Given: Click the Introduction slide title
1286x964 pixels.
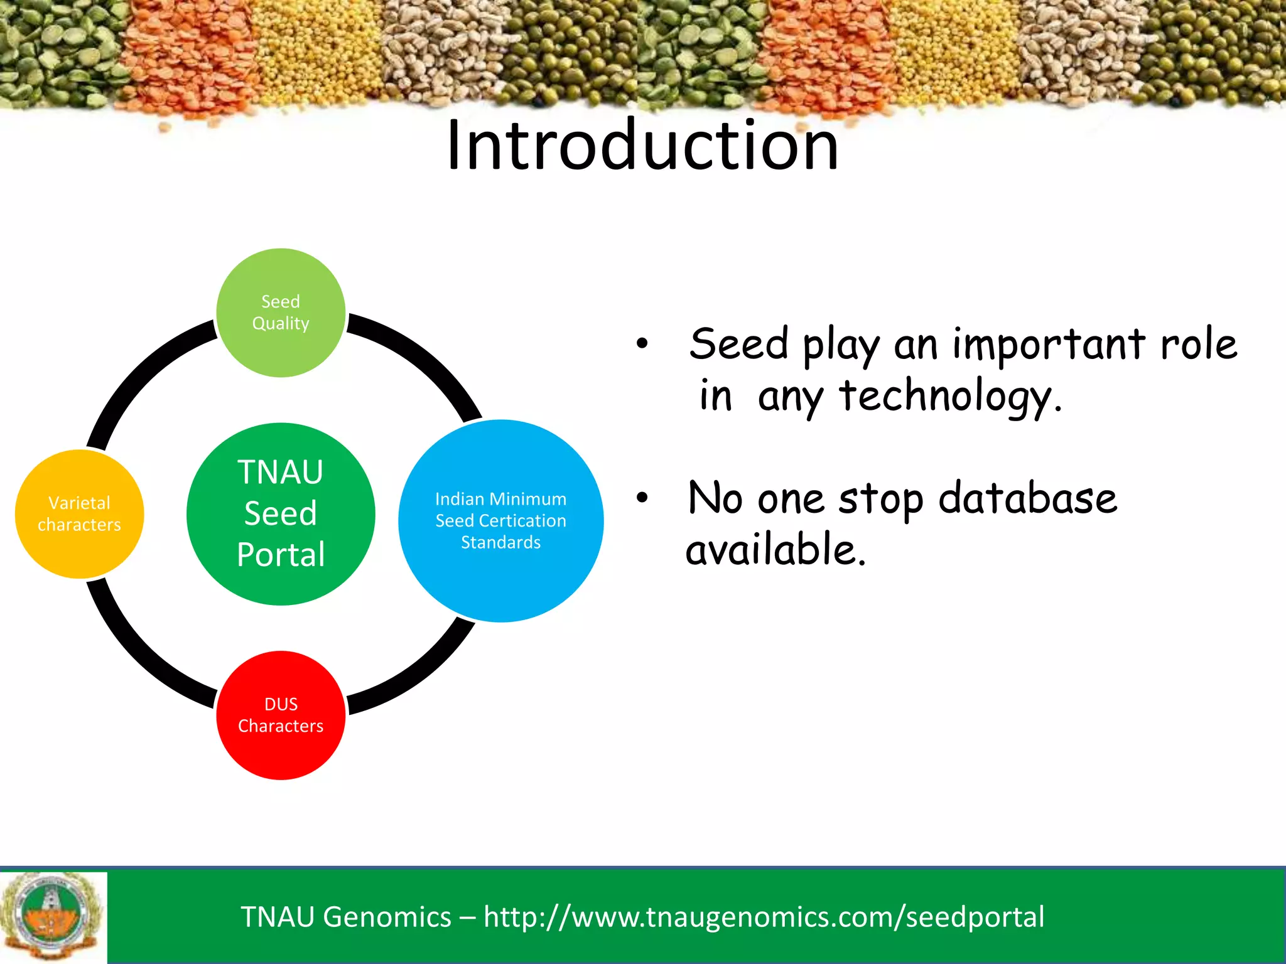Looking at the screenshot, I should tap(642, 146).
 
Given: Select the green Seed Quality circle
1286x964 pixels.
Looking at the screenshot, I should tap(281, 313).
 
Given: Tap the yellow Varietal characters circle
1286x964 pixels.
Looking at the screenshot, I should tap(79, 513).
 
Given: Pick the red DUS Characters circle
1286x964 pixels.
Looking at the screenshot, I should tap(281, 715).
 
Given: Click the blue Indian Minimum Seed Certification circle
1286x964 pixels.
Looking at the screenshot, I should tap(500, 520).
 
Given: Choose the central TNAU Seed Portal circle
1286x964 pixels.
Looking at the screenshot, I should tap(281, 513).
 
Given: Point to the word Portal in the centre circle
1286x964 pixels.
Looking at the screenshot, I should tap(281, 555).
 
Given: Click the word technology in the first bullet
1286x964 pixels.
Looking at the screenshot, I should tap(949, 397).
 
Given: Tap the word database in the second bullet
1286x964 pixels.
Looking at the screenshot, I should tap(1027, 499).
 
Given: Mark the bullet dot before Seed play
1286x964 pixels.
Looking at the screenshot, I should tap(641, 344).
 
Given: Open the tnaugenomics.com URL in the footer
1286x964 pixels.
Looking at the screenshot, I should tap(764, 917).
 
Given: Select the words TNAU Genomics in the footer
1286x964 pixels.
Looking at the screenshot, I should tap(345, 917).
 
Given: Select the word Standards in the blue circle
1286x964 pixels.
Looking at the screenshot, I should tap(500, 542).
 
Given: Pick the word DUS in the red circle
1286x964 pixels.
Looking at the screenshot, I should tap(281, 704).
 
